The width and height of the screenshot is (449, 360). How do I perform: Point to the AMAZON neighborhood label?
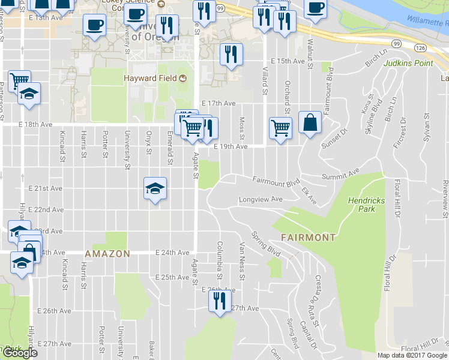107,254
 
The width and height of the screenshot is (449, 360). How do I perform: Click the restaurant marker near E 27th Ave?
220,300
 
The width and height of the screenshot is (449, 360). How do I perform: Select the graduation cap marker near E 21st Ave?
155,189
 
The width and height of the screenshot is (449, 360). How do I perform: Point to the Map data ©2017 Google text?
412,355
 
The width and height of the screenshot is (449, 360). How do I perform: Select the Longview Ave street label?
261,199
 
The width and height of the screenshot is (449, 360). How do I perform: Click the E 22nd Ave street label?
49,209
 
